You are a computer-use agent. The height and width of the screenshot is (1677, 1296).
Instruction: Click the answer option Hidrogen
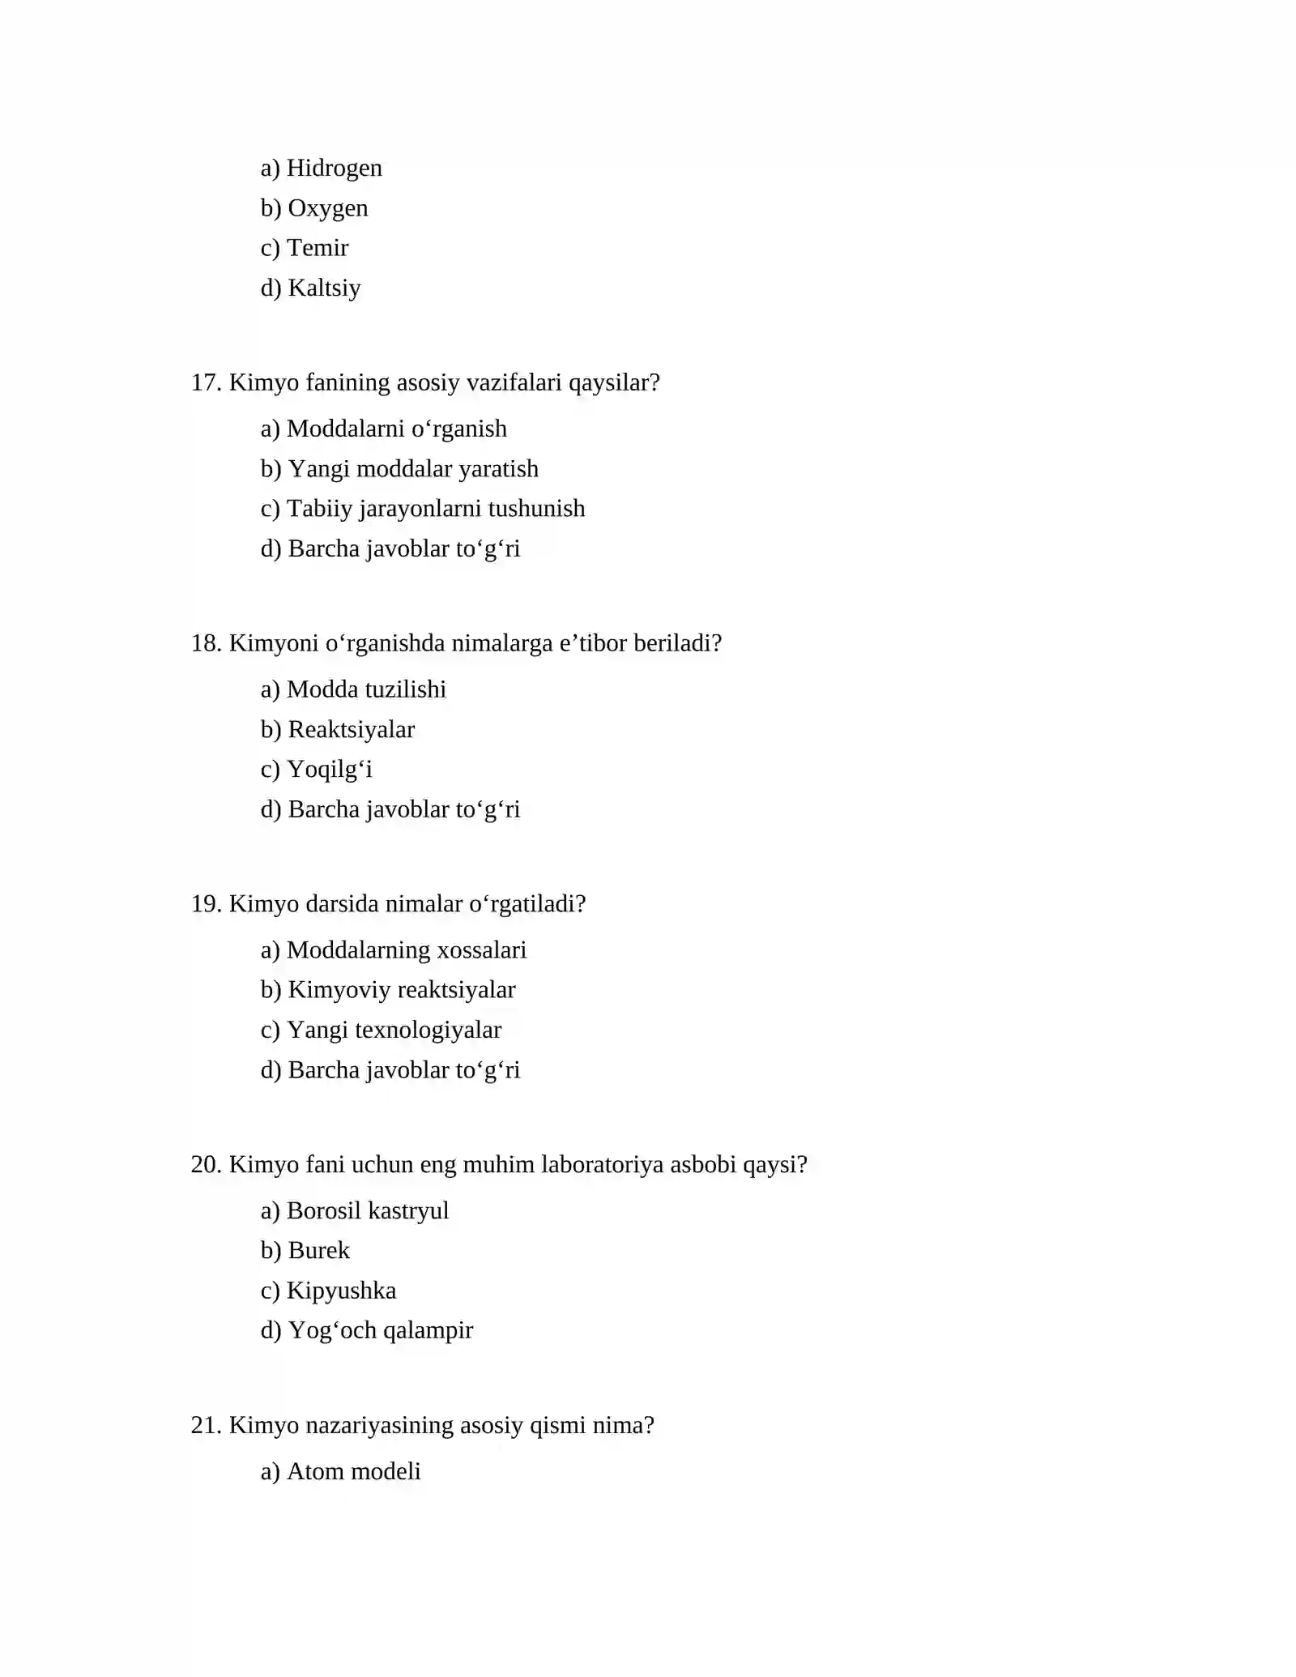point(334,168)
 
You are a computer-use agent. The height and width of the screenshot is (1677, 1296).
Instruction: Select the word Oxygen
point(327,208)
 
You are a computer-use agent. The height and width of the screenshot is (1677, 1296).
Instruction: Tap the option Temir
point(318,248)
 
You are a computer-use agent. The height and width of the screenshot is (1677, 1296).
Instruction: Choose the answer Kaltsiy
point(324,288)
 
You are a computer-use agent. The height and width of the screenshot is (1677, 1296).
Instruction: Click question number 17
point(206,382)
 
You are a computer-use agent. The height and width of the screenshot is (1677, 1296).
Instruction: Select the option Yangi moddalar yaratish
point(413,469)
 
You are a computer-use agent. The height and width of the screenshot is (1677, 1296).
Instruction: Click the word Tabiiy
point(319,509)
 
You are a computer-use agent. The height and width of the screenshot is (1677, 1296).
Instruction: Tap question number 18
point(206,643)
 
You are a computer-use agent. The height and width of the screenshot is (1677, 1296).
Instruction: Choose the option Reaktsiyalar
point(351,730)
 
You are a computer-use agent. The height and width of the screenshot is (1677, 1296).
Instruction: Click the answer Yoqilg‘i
point(330,770)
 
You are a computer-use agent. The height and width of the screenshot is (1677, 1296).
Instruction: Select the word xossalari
point(481,950)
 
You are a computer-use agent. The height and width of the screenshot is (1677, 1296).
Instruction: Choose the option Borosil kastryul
point(367,1211)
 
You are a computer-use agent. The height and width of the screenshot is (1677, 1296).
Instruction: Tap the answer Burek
point(318,1251)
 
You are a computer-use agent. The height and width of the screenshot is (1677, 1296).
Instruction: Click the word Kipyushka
point(341,1291)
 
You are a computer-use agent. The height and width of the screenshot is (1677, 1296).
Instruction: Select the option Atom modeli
point(353,1472)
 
